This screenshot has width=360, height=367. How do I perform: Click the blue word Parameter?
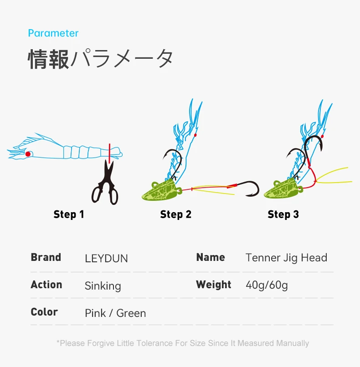click(x=53, y=33)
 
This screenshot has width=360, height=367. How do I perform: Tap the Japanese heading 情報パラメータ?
click(x=101, y=59)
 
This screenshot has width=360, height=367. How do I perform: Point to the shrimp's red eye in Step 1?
click(x=28, y=154)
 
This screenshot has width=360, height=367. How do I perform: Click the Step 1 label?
click(x=69, y=214)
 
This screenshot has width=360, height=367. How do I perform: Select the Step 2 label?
click(x=175, y=214)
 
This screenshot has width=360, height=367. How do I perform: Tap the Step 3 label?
click(x=283, y=214)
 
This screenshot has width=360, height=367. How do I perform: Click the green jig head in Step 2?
click(x=162, y=190)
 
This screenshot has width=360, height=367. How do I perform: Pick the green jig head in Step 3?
click(x=283, y=189)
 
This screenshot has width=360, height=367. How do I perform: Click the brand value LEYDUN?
click(x=106, y=259)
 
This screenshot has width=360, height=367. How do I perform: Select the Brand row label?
click(x=46, y=257)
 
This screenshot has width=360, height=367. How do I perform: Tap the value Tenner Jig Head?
click(x=286, y=258)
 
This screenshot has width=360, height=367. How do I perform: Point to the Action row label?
click(x=46, y=285)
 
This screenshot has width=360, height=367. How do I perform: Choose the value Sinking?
click(x=103, y=286)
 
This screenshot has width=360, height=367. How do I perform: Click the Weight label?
click(x=214, y=285)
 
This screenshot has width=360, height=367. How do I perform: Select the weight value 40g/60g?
click(x=267, y=285)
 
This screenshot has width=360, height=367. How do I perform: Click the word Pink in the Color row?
click(x=95, y=313)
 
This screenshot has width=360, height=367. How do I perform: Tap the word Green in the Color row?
click(x=131, y=313)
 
